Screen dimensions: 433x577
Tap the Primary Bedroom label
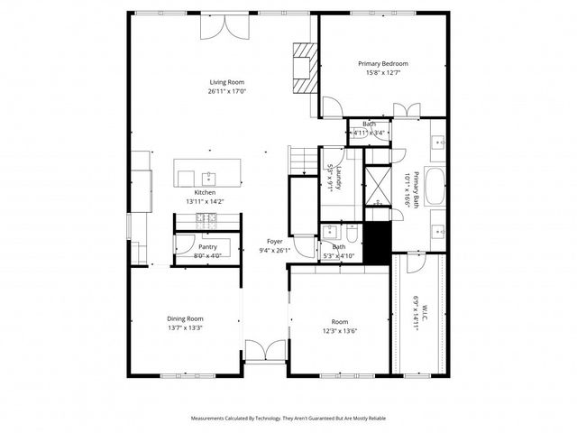(382, 63)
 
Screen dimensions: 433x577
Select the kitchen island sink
(208, 175)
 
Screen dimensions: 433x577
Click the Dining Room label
(185, 318)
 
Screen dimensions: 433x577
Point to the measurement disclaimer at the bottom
(288, 418)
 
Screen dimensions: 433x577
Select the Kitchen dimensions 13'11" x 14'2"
(206, 202)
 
